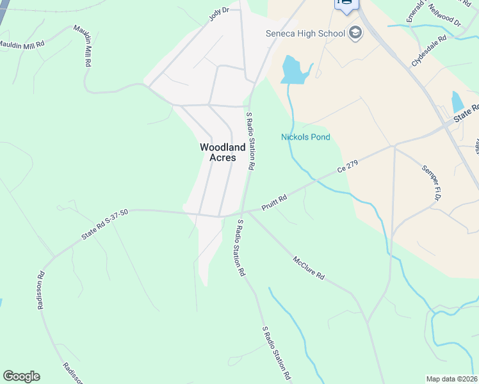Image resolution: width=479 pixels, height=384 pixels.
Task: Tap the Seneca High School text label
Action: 305,33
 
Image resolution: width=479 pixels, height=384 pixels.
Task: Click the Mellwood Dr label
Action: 447,17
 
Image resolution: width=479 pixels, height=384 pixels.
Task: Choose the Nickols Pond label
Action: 305,137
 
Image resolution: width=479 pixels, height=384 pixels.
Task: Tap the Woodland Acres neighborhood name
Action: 222,152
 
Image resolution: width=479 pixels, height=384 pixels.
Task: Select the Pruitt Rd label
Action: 273,204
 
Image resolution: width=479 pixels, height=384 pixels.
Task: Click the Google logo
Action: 21,376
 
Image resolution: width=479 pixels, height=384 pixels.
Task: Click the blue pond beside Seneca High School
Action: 292,70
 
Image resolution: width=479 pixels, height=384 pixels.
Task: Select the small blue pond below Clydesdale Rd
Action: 457,102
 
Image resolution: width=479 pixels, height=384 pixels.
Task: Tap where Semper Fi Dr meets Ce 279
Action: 394,146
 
